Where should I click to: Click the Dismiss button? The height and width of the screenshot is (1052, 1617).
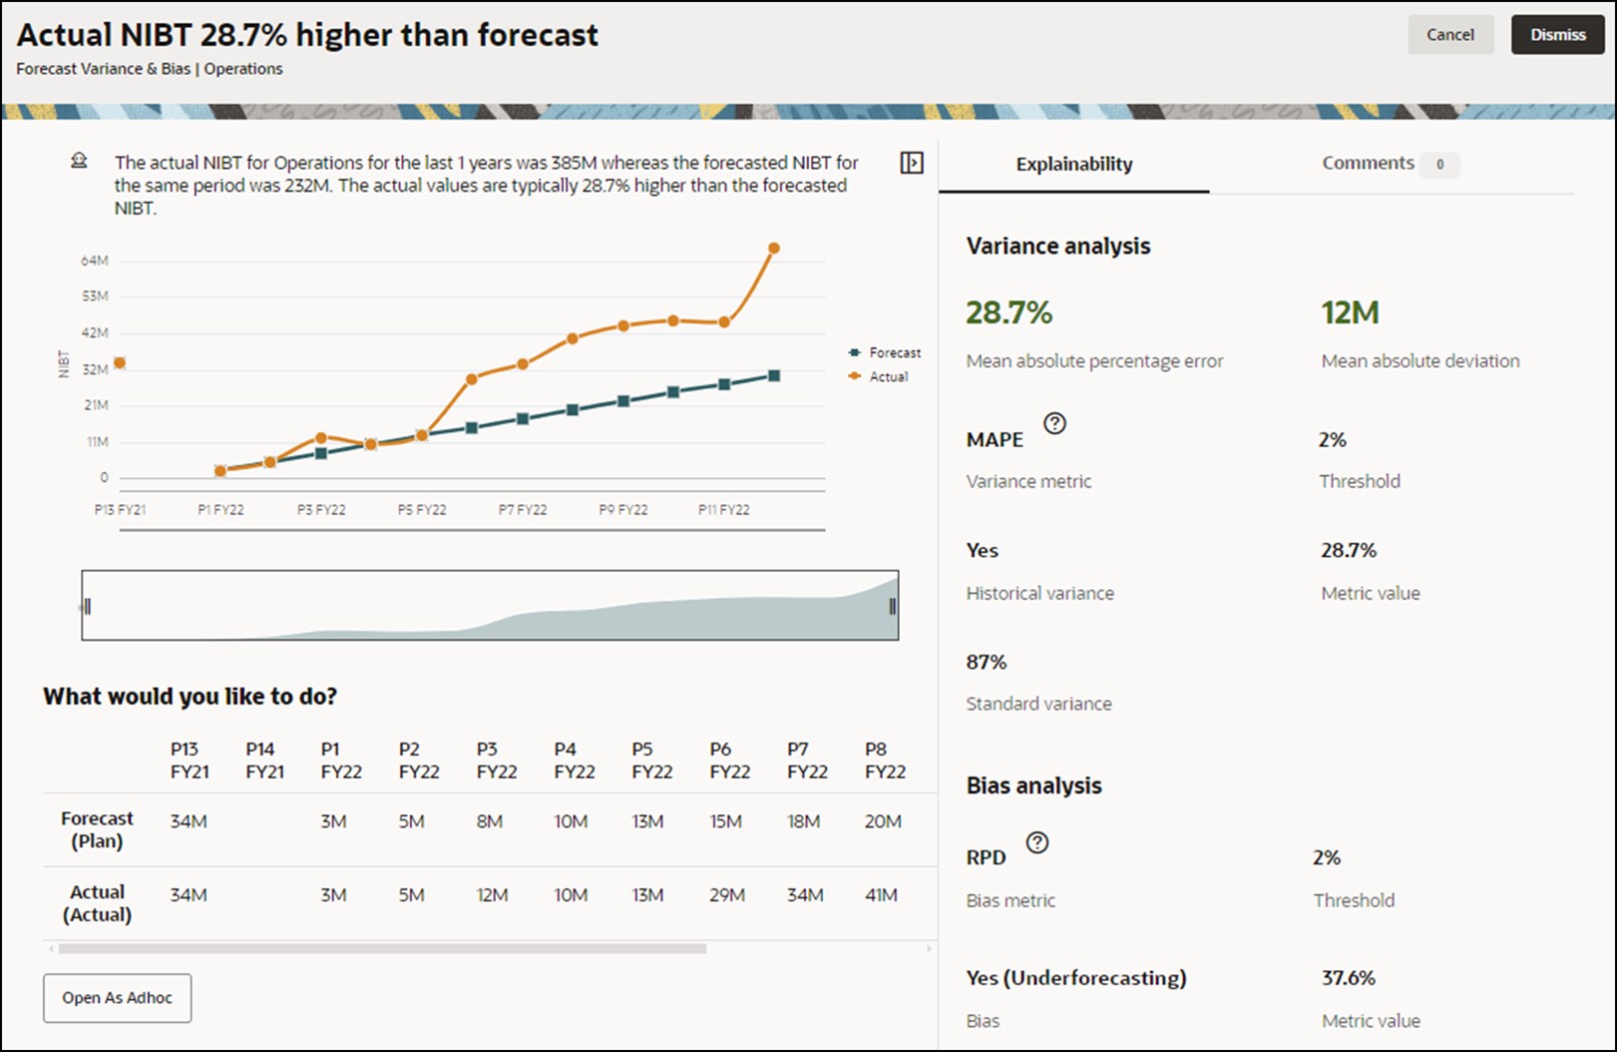(1557, 35)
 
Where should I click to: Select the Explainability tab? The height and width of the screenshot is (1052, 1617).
(1073, 165)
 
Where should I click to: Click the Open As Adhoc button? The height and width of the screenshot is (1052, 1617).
(117, 998)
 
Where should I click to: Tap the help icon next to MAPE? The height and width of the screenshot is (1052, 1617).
(1054, 423)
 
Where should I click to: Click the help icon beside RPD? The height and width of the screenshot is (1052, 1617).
(1037, 842)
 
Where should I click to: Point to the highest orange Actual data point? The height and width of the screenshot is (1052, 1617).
(774, 249)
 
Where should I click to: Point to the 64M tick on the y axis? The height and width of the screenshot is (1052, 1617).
(95, 262)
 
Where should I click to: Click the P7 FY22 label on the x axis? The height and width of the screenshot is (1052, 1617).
(523, 510)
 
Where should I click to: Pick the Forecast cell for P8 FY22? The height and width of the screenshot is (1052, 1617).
(883, 821)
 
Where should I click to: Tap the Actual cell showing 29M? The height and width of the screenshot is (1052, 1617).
(727, 895)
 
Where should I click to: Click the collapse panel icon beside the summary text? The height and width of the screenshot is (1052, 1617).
(912, 163)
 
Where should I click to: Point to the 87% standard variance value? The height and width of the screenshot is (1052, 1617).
(986, 663)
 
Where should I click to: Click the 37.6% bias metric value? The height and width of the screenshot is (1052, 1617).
(1348, 978)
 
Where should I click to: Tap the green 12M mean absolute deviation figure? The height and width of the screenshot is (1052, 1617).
(1350, 313)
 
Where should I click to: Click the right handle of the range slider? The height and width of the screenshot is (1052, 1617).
(892, 606)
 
